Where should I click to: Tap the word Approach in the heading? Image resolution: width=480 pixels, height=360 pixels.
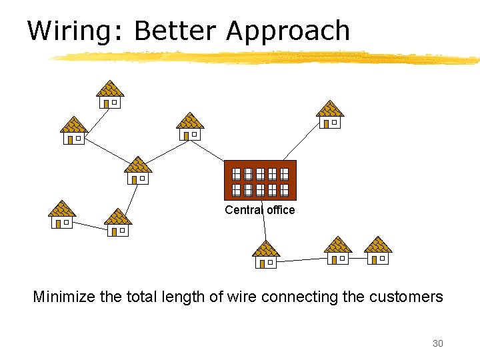(288, 31)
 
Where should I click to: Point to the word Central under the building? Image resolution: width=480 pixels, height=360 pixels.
(244, 210)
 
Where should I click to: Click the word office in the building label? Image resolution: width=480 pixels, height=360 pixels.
(281, 210)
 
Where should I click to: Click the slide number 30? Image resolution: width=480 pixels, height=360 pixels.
(437, 343)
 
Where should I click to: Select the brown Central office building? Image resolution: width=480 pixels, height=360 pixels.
(260, 180)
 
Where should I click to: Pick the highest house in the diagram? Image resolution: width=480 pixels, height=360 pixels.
(110, 94)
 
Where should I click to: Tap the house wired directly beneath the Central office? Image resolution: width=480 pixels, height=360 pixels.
(266, 254)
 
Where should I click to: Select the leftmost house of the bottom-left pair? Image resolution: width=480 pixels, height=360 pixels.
(62, 215)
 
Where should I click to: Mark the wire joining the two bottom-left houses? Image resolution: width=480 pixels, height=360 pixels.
(90, 225)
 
